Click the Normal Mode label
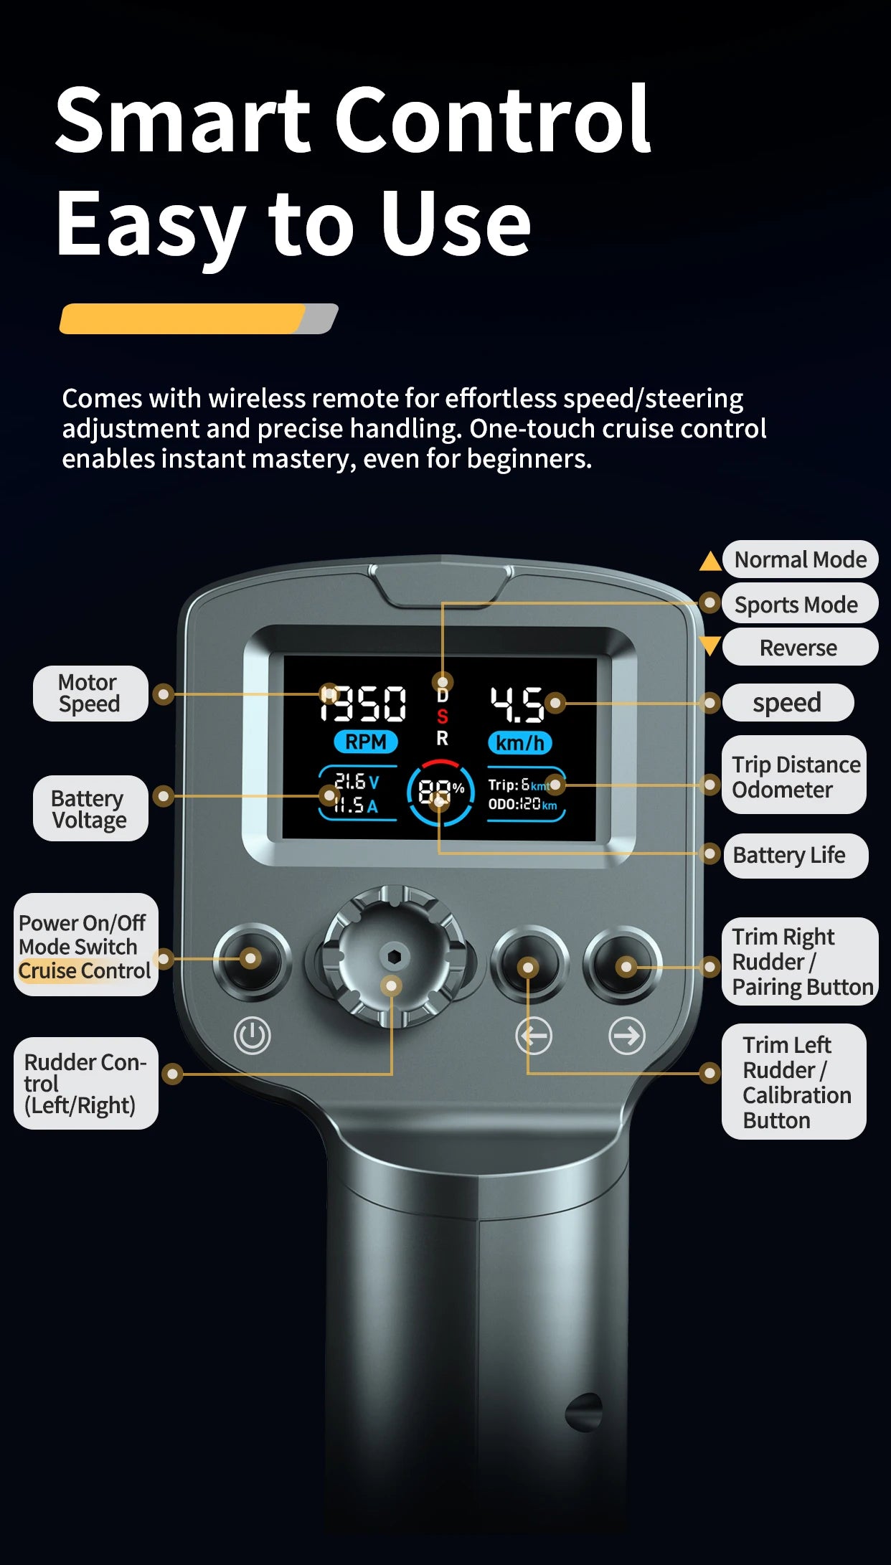[800, 559]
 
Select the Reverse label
[798, 648]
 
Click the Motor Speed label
[89, 693]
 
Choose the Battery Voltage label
[89, 808]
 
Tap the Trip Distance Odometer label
[795, 776]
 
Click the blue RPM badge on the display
[366, 742]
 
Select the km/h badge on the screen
[519, 743]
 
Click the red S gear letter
[443, 717]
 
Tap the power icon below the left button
[253, 1036]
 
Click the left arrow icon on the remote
[534, 1036]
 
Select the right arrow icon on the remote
[627, 1036]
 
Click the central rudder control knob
[394, 956]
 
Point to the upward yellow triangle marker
[710, 562]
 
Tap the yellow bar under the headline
[183, 318]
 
